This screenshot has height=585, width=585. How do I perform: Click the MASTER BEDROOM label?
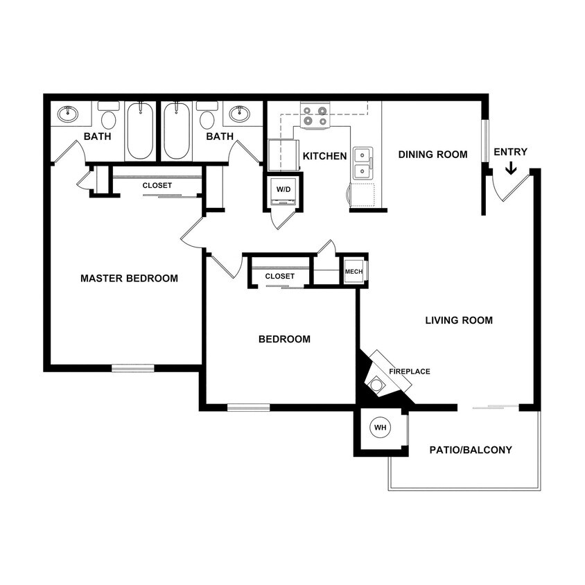pyautogui.click(x=129, y=279)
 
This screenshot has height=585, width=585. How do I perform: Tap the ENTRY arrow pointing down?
pyautogui.click(x=510, y=168)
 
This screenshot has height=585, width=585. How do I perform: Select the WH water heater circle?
pyautogui.click(x=380, y=428)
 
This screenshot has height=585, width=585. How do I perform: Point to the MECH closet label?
pyautogui.click(x=353, y=272)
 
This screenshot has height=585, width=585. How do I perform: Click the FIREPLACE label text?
pyautogui.click(x=409, y=372)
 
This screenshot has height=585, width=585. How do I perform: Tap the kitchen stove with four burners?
pyautogui.click(x=315, y=116)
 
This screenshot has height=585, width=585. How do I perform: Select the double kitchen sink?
pyautogui.click(x=362, y=164)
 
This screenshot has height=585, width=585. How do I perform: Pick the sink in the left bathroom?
pyautogui.click(x=67, y=114)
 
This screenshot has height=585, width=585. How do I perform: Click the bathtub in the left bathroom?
pyautogui.click(x=141, y=131)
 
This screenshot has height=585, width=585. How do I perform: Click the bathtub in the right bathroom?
pyautogui.click(x=177, y=131)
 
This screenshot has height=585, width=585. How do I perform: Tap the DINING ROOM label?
pyautogui.click(x=433, y=155)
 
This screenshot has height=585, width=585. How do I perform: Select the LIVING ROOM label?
pyautogui.click(x=459, y=320)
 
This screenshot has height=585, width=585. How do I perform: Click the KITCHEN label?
pyautogui.click(x=324, y=156)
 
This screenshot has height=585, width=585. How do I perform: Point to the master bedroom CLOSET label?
pyautogui.click(x=157, y=186)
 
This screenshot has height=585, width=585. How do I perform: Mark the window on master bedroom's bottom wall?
pyautogui.click(x=133, y=368)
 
